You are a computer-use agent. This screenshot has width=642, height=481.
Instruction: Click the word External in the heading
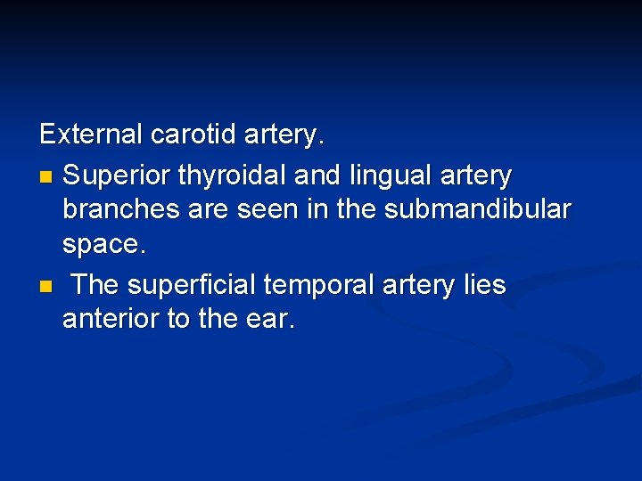(x=91, y=135)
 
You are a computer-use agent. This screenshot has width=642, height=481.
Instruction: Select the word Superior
(x=117, y=175)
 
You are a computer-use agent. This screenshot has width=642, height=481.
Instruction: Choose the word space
(x=103, y=245)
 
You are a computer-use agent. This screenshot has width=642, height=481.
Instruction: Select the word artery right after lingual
(x=481, y=176)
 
